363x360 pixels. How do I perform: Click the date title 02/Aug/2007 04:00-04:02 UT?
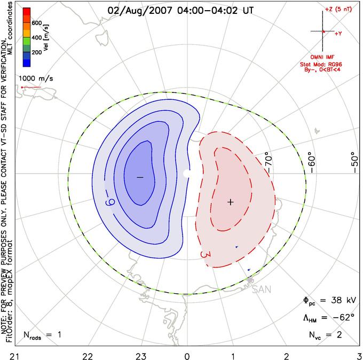[180, 11]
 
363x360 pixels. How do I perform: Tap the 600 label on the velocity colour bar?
[37, 23]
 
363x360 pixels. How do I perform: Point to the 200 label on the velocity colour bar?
[37, 52]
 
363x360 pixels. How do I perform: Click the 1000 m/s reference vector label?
[36, 79]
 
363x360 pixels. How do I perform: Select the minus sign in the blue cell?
[140, 177]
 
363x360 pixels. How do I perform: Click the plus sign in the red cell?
[231, 202]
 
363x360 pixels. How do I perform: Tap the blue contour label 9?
[110, 202]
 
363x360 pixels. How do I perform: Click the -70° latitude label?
[268, 162]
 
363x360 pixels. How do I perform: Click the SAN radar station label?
[262, 289]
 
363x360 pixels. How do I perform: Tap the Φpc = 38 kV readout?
[329, 301]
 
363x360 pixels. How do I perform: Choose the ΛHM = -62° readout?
[329, 317]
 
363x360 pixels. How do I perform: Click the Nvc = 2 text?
[325, 335]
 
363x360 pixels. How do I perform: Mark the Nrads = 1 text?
[42, 335]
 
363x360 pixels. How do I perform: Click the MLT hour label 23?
[141, 356]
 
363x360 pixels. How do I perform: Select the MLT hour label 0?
[187, 356]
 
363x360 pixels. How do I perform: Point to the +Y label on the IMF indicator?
[338, 34]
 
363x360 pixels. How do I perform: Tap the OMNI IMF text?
[322, 57]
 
